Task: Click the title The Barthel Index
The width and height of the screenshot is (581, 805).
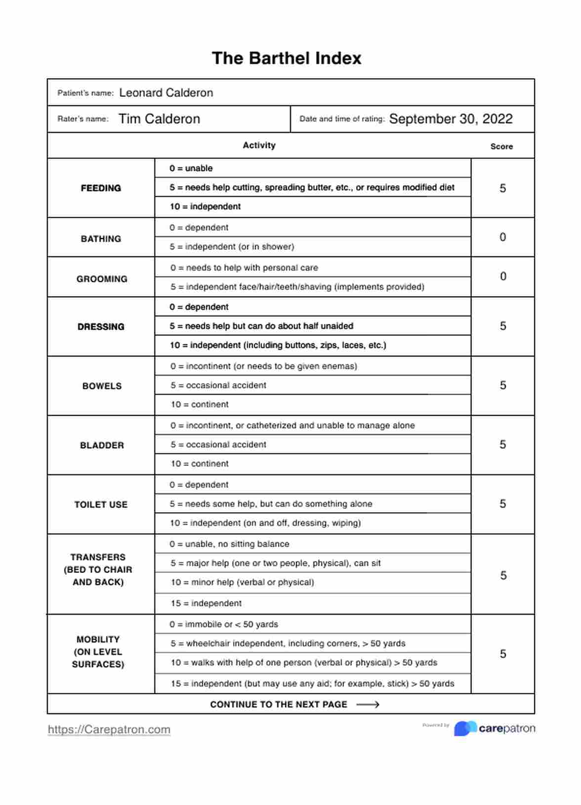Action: (x=287, y=58)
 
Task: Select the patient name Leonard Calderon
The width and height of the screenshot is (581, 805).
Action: (x=166, y=93)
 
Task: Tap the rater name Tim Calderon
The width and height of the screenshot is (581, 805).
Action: (x=159, y=119)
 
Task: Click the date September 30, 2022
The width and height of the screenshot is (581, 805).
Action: (x=451, y=119)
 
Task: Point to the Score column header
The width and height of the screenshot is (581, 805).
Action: (x=501, y=146)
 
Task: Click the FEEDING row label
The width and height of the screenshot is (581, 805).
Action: (x=101, y=188)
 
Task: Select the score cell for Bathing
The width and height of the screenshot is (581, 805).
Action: (x=502, y=237)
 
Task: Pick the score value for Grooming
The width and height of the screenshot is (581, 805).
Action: (x=503, y=277)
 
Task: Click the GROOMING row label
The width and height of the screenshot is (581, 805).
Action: (x=102, y=279)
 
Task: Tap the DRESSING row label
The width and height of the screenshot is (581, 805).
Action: (x=101, y=326)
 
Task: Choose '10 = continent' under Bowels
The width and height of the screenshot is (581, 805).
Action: (x=200, y=404)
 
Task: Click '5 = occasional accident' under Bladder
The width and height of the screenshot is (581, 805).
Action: (x=218, y=444)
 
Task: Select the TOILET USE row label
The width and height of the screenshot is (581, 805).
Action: (x=101, y=504)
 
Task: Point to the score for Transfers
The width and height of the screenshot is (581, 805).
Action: (x=503, y=575)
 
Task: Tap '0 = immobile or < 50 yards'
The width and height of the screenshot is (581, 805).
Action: (x=224, y=624)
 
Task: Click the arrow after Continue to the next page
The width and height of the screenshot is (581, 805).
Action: (x=368, y=705)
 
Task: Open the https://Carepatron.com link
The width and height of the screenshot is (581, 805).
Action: (x=109, y=729)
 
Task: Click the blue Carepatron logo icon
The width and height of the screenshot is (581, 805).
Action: (x=465, y=728)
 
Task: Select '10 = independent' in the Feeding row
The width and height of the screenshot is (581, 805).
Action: (x=205, y=206)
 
